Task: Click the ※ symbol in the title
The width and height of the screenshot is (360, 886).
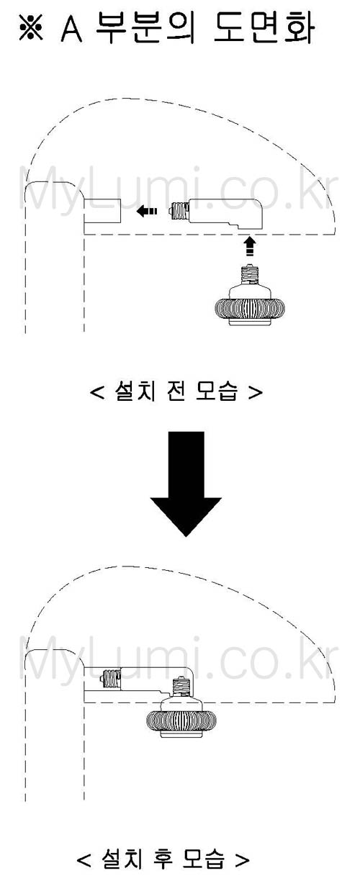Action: [x=31, y=27]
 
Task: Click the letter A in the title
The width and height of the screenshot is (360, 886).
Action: [x=71, y=28]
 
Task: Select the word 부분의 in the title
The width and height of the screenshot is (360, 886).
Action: [x=145, y=27]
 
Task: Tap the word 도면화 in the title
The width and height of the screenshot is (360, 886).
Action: [x=264, y=27]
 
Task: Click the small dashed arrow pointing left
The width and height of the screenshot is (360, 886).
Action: [x=146, y=211]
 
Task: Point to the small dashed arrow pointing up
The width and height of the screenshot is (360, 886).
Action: [x=249, y=246]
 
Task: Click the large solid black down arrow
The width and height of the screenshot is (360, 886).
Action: [x=186, y=484]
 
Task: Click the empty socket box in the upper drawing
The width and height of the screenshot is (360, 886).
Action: [x=102, y=210]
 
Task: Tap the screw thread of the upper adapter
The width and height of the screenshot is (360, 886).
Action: [x=180, y=211]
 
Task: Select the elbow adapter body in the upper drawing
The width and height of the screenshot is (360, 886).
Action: [x=226, y=214]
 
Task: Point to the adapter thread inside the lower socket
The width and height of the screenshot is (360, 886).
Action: [x=112, y=678]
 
